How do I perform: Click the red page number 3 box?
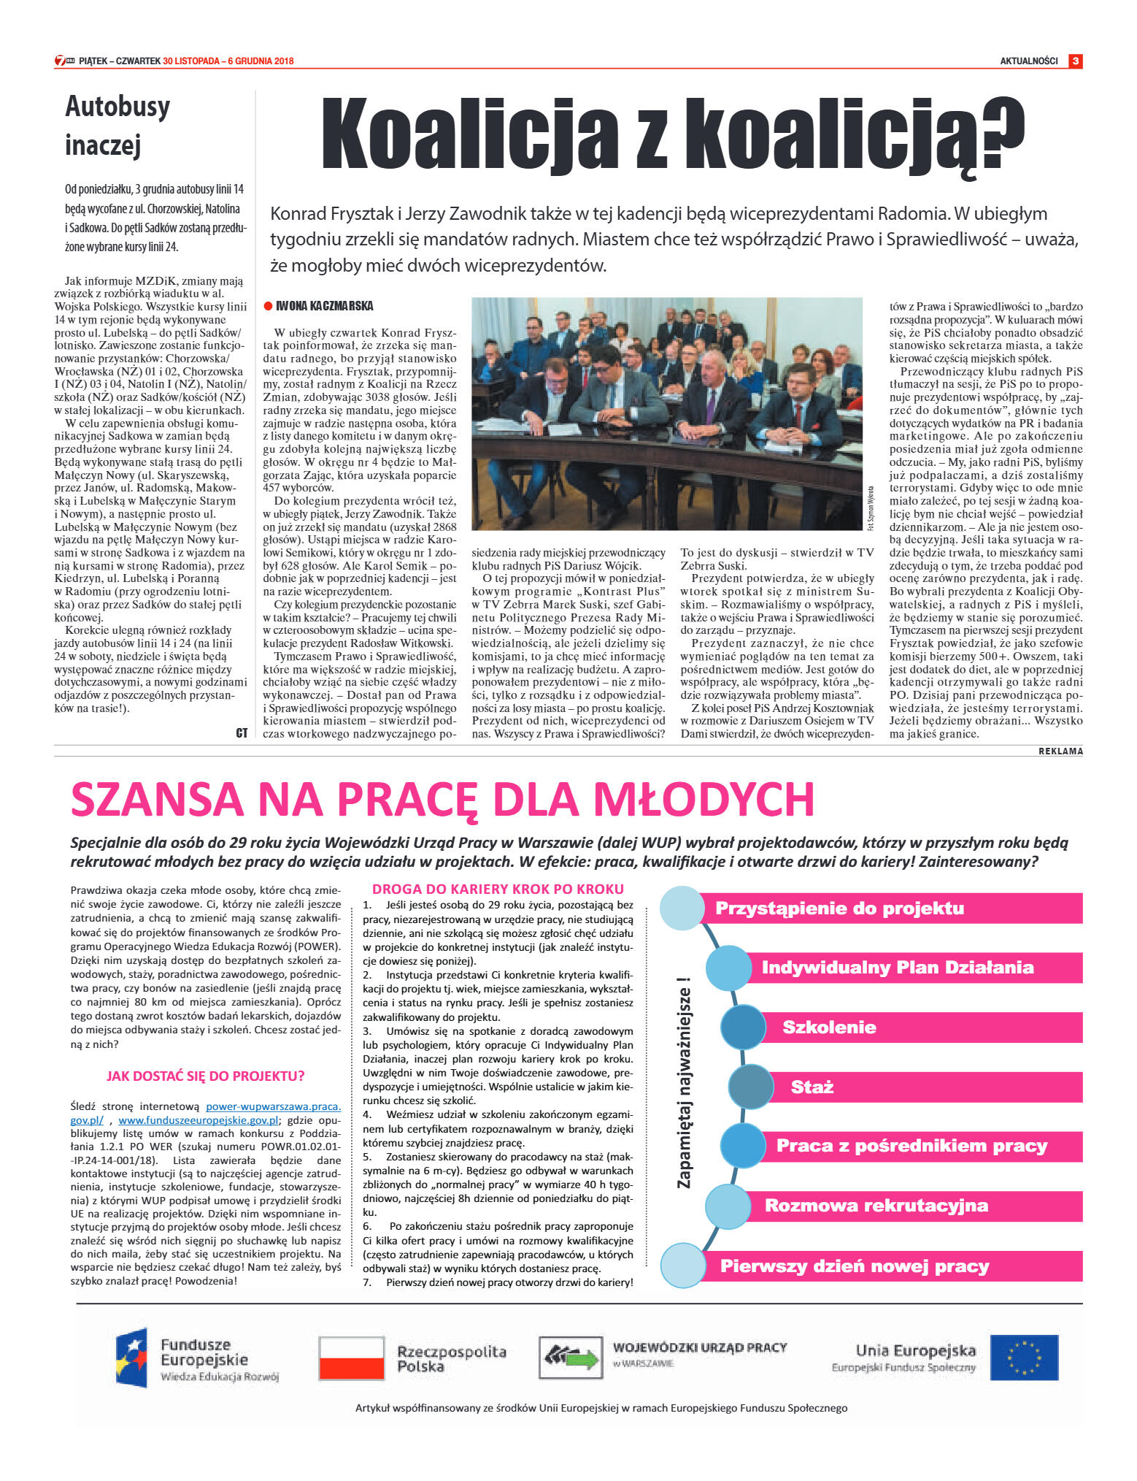[x=1075, y=61]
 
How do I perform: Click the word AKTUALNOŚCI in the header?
[x=1028, y=61]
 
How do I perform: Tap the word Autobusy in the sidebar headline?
[x=117, y=107]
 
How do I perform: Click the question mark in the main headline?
[x=1000, y=134]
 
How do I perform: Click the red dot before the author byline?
[x=268, y=306]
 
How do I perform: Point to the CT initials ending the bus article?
[x=242, y=732]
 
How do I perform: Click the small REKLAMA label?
[x=1060, y=751]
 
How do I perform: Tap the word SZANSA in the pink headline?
[x=157, y=799]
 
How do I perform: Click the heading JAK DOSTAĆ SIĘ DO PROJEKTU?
[x=206, y=1076]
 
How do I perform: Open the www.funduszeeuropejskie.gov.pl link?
[x=199, y=1120]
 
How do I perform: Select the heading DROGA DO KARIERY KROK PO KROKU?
[x=498, y=889]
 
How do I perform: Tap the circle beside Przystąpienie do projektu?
[x=682, y=908]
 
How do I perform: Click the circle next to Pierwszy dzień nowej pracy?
[x=682, y=1266]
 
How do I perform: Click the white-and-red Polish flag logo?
[x=352, y=1358]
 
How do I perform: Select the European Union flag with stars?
[x=1024, y=1358]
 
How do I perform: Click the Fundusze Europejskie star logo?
[x=131, y=1358]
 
